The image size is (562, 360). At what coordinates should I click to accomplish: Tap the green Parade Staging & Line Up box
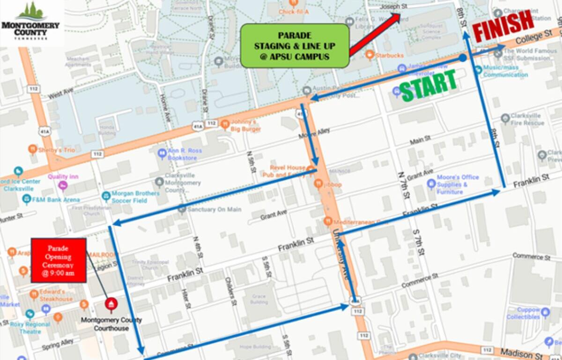295,45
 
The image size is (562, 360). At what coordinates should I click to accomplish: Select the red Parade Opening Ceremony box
59,260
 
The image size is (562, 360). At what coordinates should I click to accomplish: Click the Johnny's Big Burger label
244,126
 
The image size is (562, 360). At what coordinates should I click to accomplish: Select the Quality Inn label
63,177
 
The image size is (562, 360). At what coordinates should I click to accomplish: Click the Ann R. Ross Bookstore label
181,155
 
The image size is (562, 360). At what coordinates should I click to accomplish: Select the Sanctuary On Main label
214,210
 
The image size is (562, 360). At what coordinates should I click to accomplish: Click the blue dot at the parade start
463,58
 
